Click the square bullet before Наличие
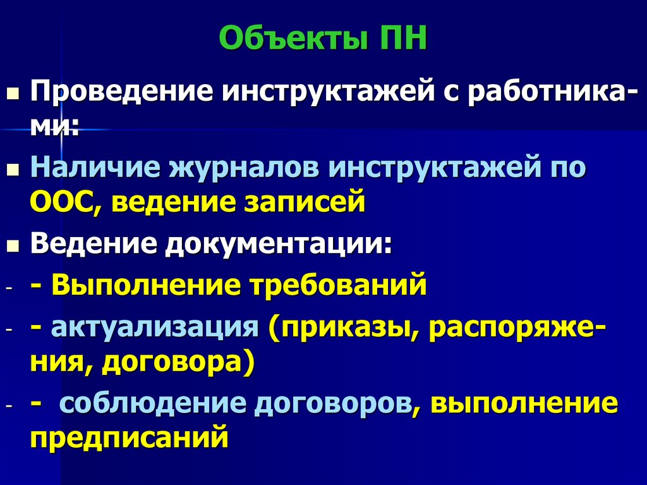click(x=13, y=170)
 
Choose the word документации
click(x=279, y=243)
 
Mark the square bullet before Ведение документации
click(x=13, y=246)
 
